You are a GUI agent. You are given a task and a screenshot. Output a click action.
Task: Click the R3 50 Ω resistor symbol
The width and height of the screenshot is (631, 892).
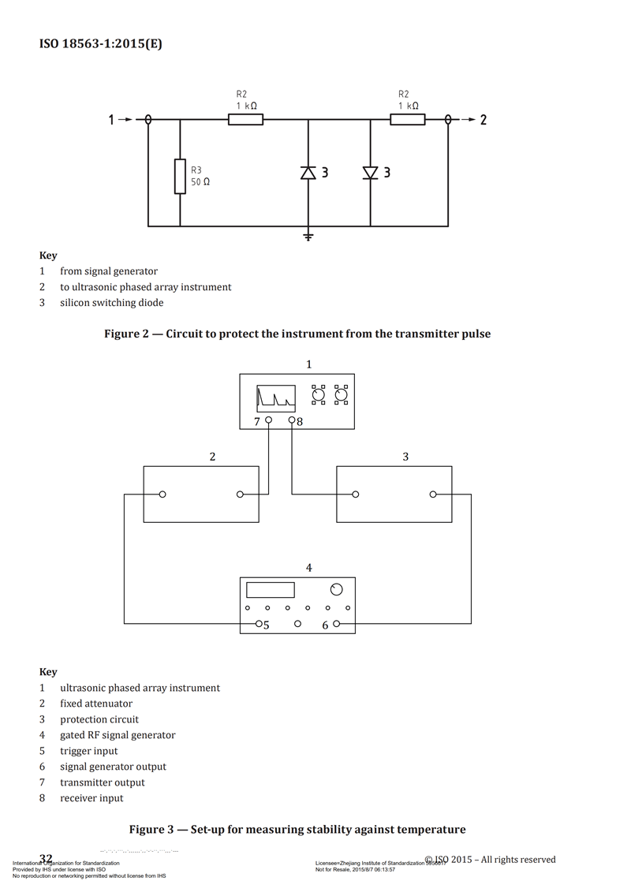tap(180, 176)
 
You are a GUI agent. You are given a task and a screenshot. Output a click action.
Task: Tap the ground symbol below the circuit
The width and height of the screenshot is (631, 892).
tap(308, 235)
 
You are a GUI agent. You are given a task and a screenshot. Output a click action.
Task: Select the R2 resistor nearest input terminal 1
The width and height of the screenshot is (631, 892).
tap(245, 120)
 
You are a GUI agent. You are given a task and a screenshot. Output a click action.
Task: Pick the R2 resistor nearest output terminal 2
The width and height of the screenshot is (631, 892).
tap(408, 120)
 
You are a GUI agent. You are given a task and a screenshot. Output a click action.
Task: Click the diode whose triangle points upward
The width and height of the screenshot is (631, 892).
tap(308, 173)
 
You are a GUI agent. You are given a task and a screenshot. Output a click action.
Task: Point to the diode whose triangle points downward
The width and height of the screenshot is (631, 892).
tap(370, 173)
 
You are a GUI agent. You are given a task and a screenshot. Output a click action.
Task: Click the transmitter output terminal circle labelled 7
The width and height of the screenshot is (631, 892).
tap(269, 420)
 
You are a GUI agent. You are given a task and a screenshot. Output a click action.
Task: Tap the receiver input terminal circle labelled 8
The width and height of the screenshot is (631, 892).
tap(292, 420)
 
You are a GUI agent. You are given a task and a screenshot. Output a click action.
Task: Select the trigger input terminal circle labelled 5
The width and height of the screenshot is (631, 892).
tap(259, 624)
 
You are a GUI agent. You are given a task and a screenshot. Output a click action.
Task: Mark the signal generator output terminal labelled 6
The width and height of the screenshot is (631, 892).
tap(337, 624)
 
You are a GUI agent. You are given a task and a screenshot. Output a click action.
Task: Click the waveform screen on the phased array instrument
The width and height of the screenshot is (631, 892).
tap(276, 398)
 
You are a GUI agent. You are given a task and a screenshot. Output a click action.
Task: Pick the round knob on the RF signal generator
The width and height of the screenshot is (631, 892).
tap(337, 590)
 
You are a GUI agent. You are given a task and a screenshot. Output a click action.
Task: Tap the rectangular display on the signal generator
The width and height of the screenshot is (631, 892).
tap(271, 590)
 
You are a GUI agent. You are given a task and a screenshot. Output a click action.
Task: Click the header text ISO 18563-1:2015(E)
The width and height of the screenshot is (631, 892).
tap(101, 44)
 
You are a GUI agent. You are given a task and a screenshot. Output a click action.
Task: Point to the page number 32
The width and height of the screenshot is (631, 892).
tap(46, 859)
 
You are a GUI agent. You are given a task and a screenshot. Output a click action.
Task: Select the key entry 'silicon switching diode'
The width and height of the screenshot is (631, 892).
tap(112, 303)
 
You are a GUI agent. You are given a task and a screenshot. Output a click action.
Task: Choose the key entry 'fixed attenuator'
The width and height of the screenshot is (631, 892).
tap(96, 704)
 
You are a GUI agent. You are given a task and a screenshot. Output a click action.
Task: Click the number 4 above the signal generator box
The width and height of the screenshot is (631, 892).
tap(308, 567)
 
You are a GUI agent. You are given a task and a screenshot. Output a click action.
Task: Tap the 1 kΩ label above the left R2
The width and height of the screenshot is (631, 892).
tap(245, 106)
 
